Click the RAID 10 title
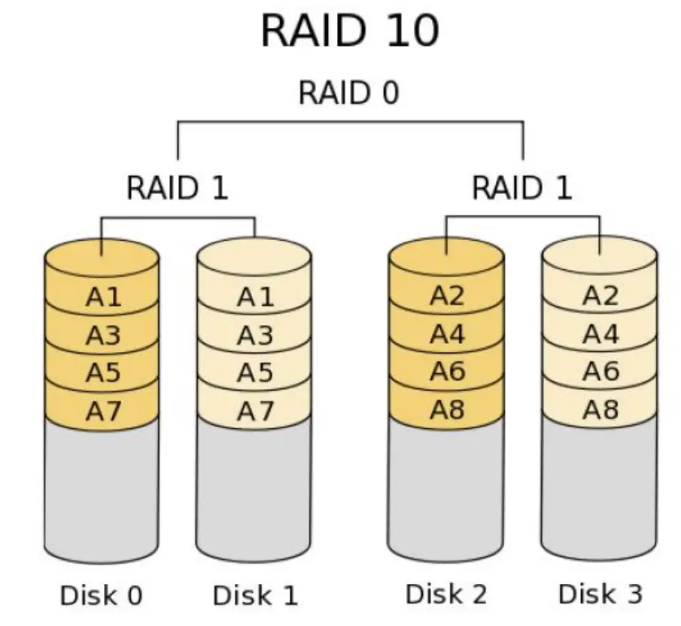click(x=350, y=32)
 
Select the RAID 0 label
click(x=348, y=93)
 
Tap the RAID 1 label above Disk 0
click(x=177, y=187)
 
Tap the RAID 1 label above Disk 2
click(x=521, y=187)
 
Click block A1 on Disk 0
click(x=103, y=298)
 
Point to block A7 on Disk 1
click(x=255, y=412)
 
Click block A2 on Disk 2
click(x=448, y=296)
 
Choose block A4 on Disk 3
click(x=600, y=334)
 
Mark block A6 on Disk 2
click(x=448, y=372)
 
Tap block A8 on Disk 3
click(x=600, y=410)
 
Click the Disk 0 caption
click(x=101, y=596)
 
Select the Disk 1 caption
click(x=255, y=596)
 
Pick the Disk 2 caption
click(x=447, y=594)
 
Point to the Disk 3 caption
click(x=600, y=594)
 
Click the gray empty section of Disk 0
click(x=102, y=489)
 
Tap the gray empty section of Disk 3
click(x=599, y=485)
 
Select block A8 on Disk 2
click(x=448, y=410)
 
